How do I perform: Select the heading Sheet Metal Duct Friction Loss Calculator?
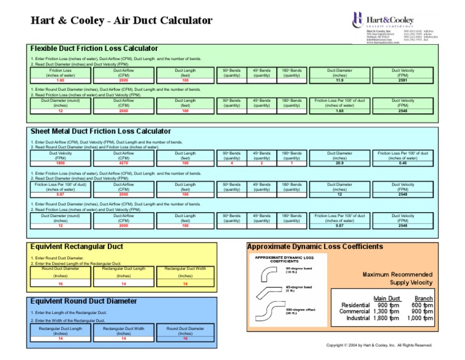click(101, 131)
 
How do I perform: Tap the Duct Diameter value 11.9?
click(339, 80)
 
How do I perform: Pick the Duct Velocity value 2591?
click(403, 80)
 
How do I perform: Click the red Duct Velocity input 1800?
click(60, 163)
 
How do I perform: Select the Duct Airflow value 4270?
click(124, 163)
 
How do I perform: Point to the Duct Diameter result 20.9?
click(339, 163)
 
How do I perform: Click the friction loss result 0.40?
click(403, 163)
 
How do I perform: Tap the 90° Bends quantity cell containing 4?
click(232, 163)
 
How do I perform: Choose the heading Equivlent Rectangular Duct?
click(76, 247)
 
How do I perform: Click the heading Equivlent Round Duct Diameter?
click(84, 301)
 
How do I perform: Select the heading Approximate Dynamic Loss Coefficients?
click(315, 247)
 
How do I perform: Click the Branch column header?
click(423, 298)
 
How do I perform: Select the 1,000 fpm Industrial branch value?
click(421, 318)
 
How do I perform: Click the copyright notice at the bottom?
click(379, 345)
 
